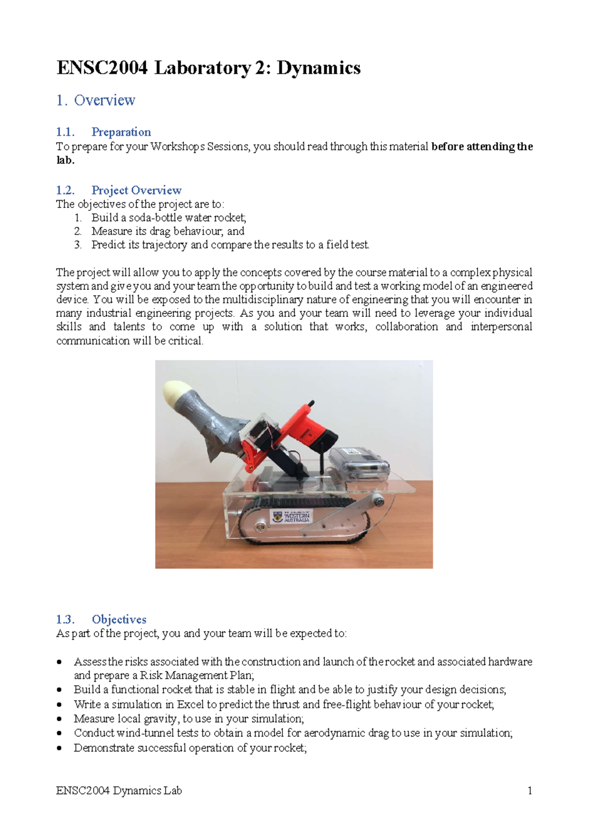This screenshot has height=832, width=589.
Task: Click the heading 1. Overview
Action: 96,100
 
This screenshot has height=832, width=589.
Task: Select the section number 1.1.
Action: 65,132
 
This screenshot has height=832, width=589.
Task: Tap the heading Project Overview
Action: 136,190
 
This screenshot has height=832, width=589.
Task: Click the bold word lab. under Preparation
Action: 65,160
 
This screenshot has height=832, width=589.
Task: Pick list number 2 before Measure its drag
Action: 78,231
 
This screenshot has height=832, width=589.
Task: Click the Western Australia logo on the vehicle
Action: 292,517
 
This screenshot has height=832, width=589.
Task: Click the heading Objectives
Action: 119,620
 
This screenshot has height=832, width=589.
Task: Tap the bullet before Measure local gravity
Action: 59,719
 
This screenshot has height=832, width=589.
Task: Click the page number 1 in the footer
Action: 530,791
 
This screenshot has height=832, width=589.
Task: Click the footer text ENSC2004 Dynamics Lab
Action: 119,791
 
